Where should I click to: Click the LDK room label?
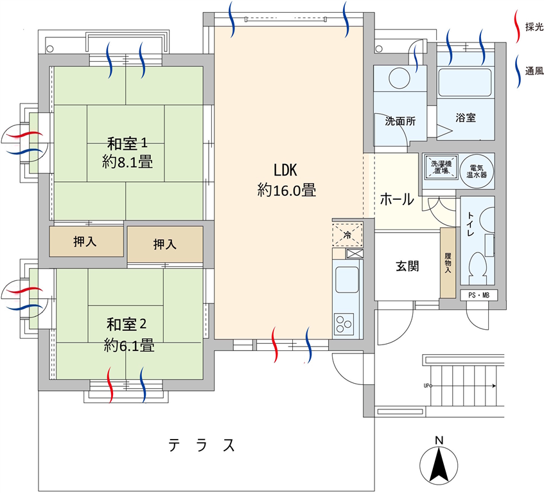click(286, 170)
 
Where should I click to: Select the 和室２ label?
click(127, 324)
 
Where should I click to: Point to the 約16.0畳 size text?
click(286, 191)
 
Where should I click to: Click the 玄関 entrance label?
click(407, 266)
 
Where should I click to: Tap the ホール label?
click(397, 199)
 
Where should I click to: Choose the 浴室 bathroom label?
click(466, 118)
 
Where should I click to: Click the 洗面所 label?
click(400, 121)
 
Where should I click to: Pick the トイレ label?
click(470, 224)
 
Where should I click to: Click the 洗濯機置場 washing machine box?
click(441, 167)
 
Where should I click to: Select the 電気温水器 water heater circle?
click(477, 171)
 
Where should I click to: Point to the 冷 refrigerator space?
click(347, 235)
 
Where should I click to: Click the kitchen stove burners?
click(344, 324)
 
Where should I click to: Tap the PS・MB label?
click(478, 296)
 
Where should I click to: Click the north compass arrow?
click(439, 465)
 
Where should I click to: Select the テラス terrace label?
click(202, 445)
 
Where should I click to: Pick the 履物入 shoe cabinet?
click(448, 263)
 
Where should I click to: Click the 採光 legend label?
click(534, 27)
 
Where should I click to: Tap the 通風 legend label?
click(534, 71)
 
